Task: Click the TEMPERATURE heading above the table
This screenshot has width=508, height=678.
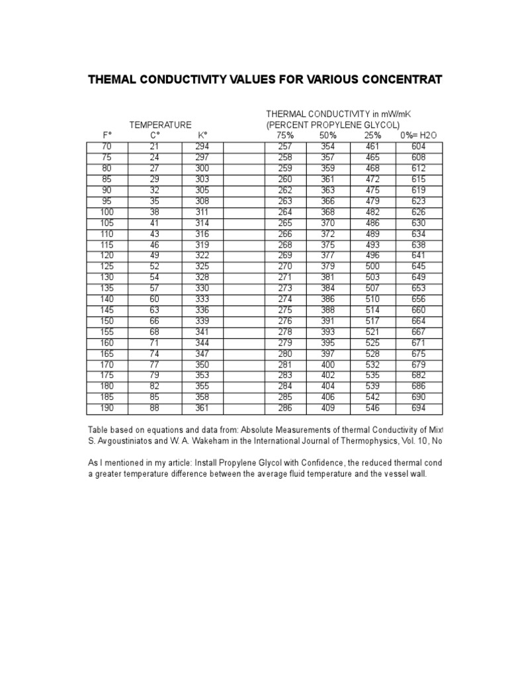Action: pyautogui.click(x=160, y=124)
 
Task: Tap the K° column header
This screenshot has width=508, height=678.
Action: pyautogui.click(x=202, y=136)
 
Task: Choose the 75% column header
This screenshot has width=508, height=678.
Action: pyautogui.click(x=286, y=136)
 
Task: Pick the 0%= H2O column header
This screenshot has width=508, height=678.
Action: pyautogui.click(x=418, y=136)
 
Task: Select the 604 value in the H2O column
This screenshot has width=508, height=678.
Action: pyautogui.click(x=418, y=147)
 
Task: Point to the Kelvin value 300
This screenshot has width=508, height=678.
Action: pyautogui.click(x=202, y=169)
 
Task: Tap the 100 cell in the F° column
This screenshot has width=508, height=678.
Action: pyautogui.click(x=106, y=212)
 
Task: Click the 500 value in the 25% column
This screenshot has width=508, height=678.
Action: pyautogui.click(x=372, y=266)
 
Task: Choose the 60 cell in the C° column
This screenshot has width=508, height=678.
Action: pyautogui.click(x=155, y=299)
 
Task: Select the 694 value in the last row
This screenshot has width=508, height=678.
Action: pyautogui.click(x=418, y=409)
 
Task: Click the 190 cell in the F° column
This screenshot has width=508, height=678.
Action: pyautogui.click(x=106, y=409)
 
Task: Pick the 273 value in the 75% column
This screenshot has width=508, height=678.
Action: pyautogui.click(x=286, y=288)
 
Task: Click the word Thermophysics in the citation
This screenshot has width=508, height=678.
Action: pyautogui.click(x=343, y=440)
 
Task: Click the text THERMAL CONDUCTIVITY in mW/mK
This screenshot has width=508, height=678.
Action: pyautogui.click(x=343, y=114)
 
